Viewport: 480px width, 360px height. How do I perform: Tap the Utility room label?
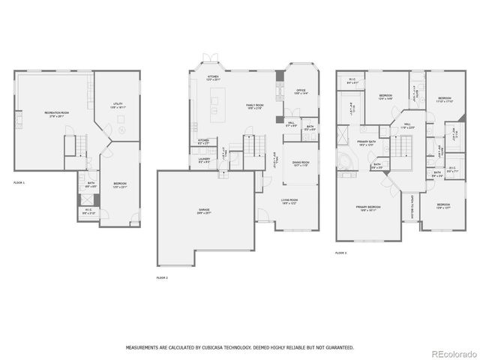pyautogui.click(x=118, y=106)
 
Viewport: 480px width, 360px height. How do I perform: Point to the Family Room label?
pyautogui.click(x=255, y=106)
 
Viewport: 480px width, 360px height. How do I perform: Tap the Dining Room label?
pyautogui.click(x=300, y=163)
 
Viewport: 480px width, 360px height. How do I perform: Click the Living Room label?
pyautogui.click(x=289, y=201)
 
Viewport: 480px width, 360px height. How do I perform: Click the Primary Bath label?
pyautogui.click(x=366, y=143)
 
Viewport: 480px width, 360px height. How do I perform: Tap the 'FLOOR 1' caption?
pyautogui.click(x=19, y=182)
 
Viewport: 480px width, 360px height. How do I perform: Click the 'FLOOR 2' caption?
pyautogui.click(x=162, y=277)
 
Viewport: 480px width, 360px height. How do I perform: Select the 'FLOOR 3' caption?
pyautogui.click(x=341, y=253)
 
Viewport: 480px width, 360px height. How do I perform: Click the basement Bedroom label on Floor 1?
pyautogui.click(x=120, y=185)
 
